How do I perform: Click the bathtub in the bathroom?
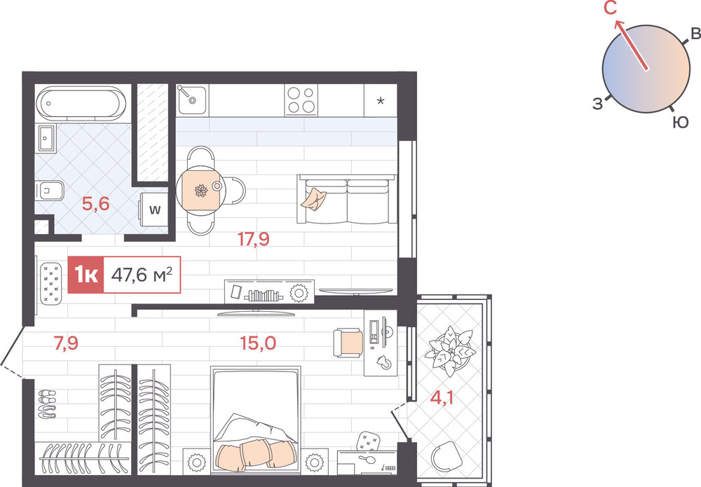(81, 103)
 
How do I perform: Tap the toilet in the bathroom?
(49, 191)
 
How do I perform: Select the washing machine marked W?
(154, 210)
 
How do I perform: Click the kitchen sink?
(192, 100)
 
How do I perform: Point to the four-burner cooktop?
(301, 100)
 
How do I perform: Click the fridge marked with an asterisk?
(381, 100)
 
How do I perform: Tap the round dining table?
(200, 191)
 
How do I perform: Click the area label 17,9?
(254, 240)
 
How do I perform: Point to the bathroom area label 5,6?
(95, 204)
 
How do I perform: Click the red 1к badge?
(86, 275)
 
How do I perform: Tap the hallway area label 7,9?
(66, 343)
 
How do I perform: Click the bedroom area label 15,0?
(258, 343)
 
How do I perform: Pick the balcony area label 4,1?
(442, 397)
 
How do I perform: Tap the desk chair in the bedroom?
(348, 343)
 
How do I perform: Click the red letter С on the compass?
(611, 8)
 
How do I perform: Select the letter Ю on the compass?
(681, 123)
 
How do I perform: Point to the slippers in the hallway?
(47, 405)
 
